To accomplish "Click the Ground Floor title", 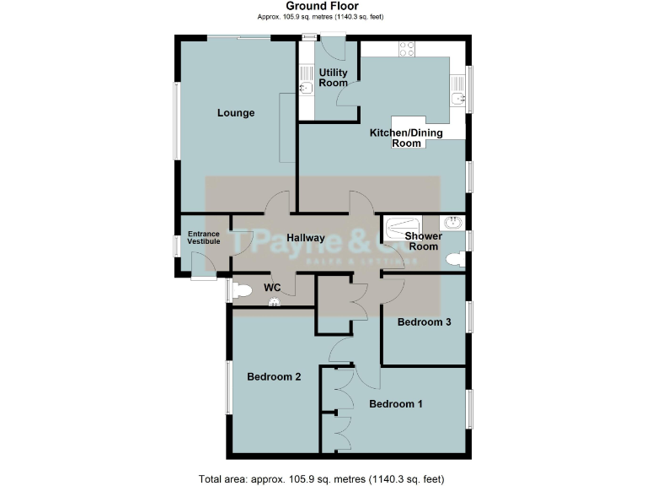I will point(322,6).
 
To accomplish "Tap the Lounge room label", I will point(236,113).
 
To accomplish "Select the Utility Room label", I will point(334,78).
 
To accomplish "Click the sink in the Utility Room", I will point(307,88).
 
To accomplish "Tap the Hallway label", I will point(306,238).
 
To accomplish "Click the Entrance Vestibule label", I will point(204,237).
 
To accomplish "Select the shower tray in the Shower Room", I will point(397,227).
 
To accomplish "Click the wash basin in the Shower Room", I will point(452,224).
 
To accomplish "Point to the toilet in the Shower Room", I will point(453,260).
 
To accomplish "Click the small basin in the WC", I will point(272,305).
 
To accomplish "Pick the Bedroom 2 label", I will point(274,377).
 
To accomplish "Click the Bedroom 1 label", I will point(396,403).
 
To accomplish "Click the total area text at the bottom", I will point(322,479).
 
